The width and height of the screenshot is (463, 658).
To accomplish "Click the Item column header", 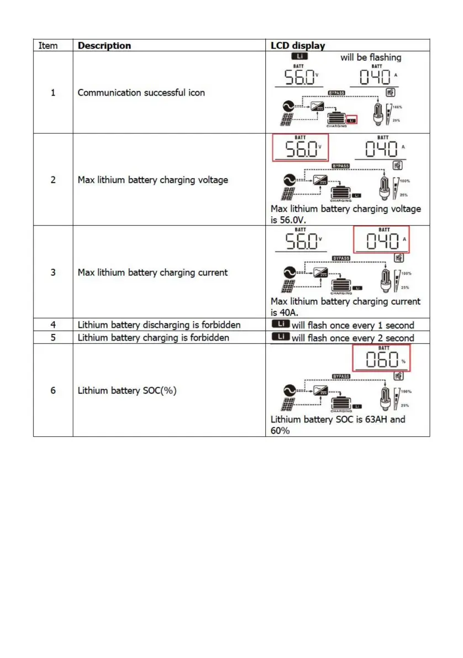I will pos(48,46).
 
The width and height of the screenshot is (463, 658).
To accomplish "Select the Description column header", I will pos(104,46).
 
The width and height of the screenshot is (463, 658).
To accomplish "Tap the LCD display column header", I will pos(298,46).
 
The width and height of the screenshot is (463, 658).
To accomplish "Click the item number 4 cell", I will pos(53,325).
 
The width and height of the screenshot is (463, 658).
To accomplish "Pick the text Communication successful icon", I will pos(141,92).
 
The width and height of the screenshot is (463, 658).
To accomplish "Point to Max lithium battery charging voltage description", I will pos(152,180).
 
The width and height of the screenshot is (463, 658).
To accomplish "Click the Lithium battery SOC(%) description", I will pos(127,390).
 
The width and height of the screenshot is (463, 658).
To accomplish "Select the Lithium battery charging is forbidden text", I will pos(153,337).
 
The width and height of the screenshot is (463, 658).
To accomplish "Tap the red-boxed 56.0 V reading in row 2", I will pos(300,148).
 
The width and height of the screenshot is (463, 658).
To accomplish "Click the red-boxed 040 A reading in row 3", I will pos(381,241).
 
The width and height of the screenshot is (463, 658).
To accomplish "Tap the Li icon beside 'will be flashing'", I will pos(299,56).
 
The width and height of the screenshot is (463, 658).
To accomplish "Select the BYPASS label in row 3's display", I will pos(340,258).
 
